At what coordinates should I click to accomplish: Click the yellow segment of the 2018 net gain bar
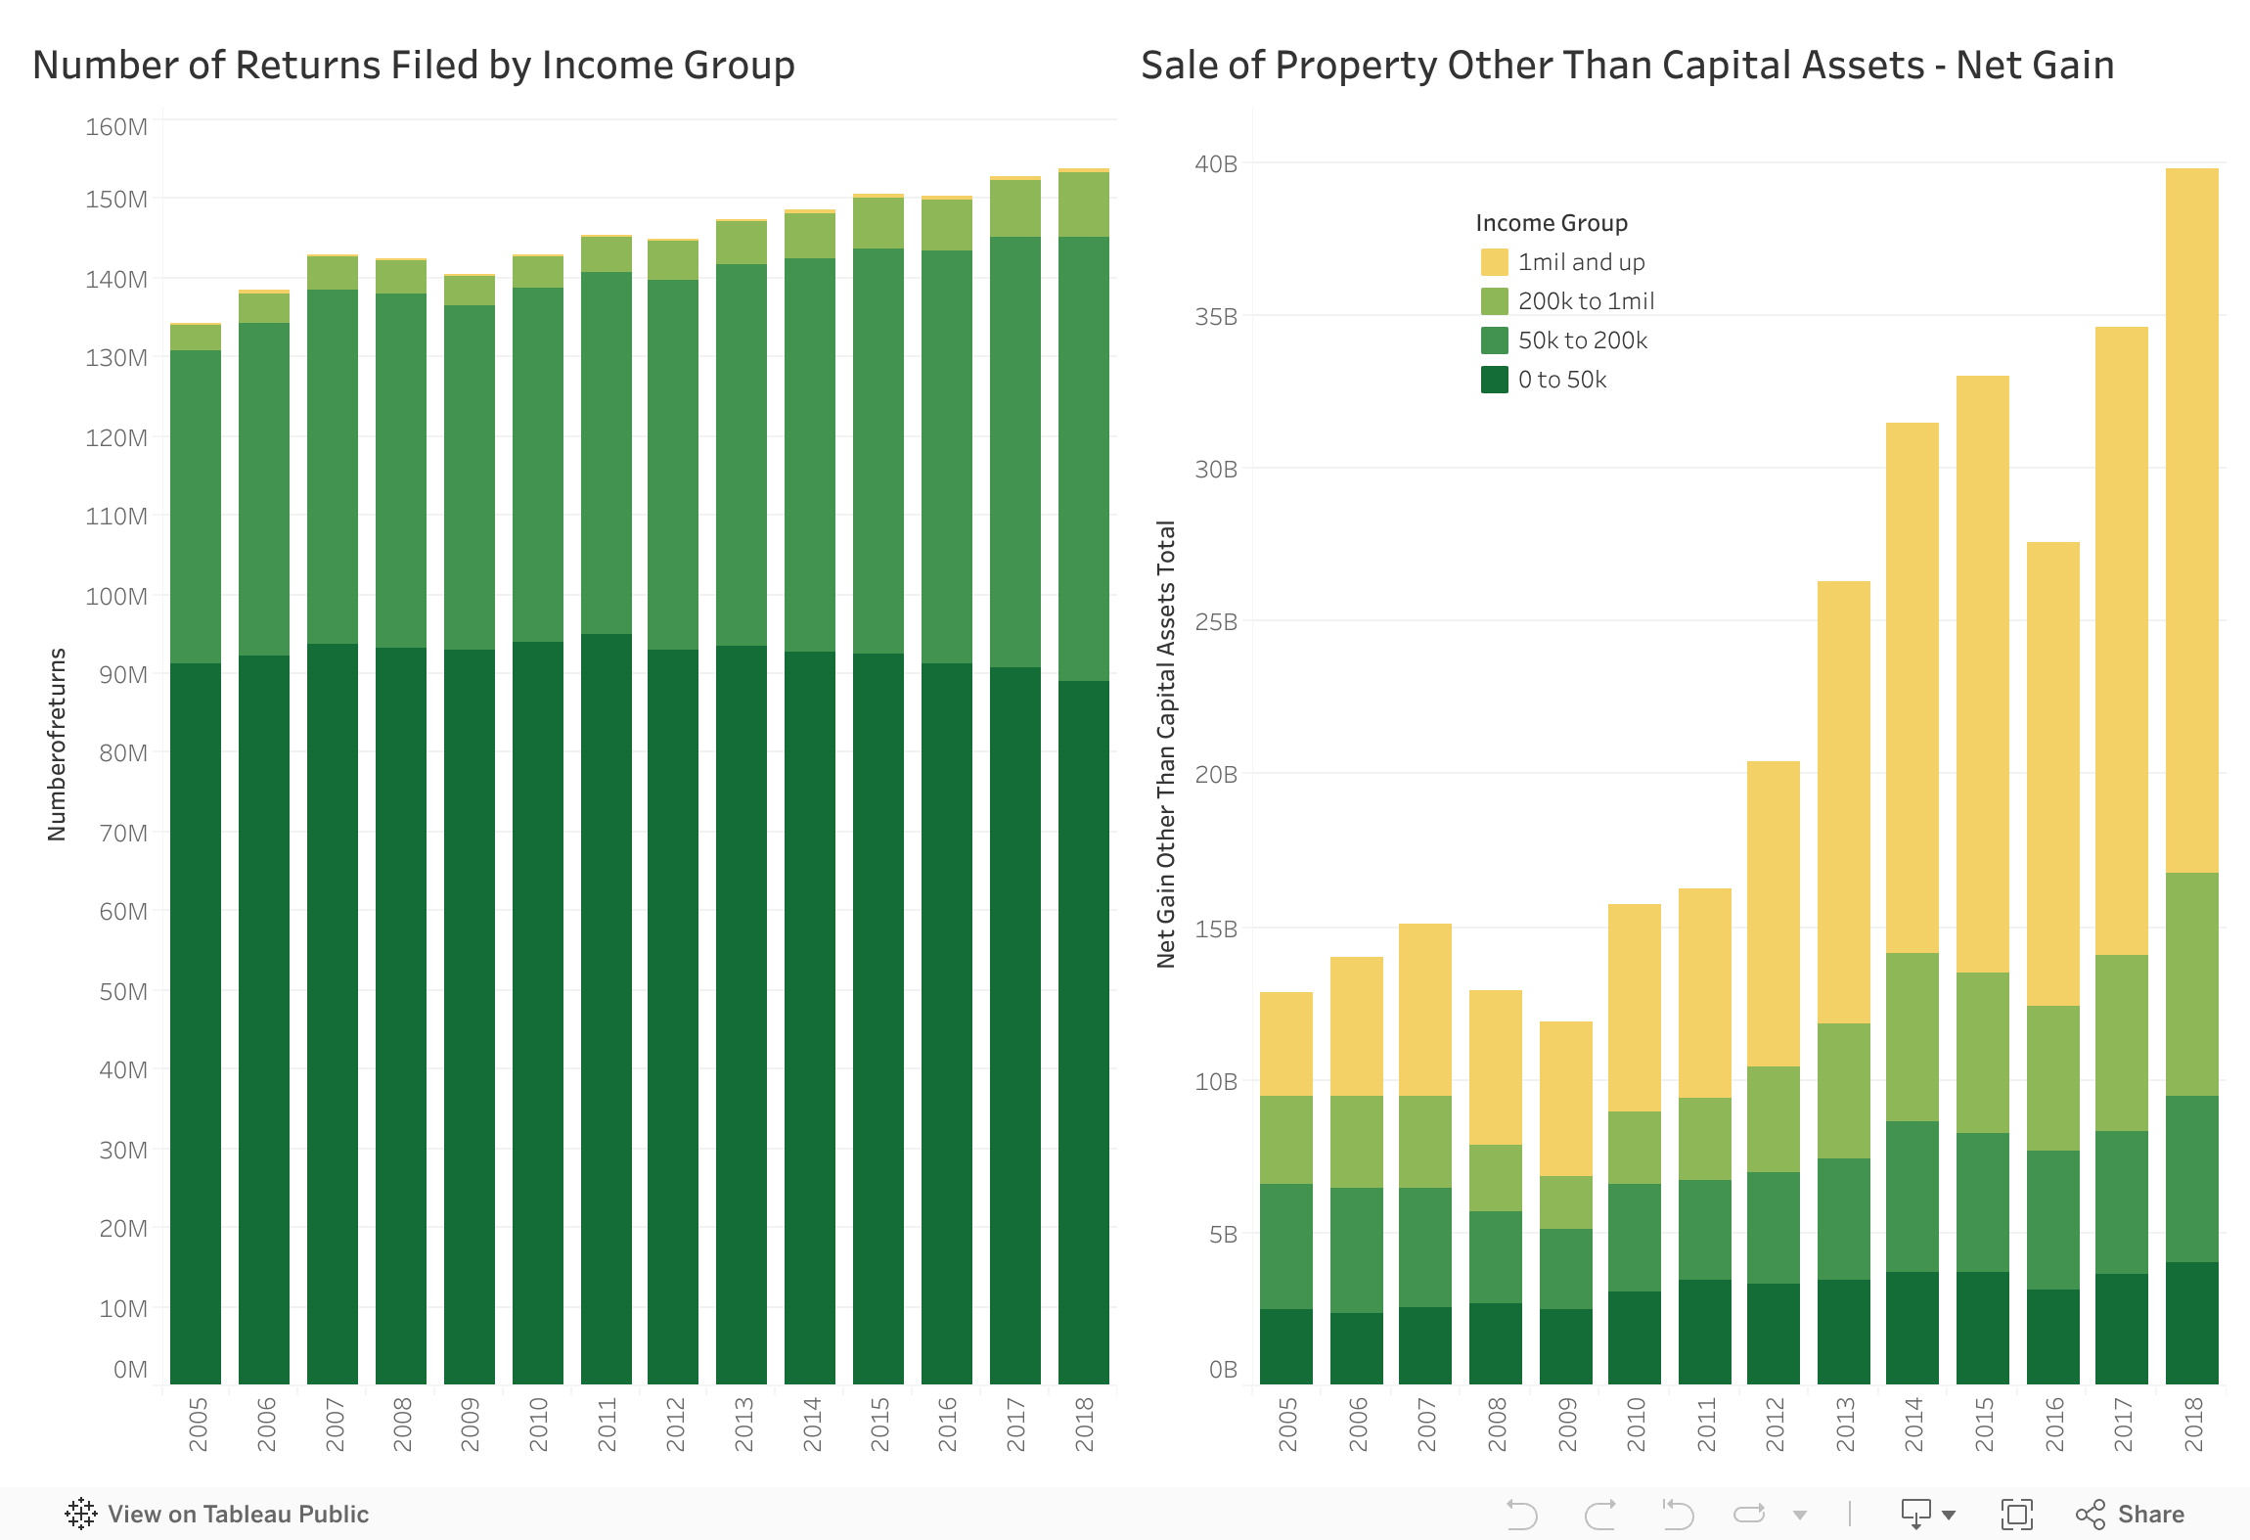tap(2191, 519)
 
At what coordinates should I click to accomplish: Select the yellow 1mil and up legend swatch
tap(1494, 262)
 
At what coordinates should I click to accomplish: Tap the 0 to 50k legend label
tap(1561, 380)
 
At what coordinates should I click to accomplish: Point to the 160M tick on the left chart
tap(116, 127)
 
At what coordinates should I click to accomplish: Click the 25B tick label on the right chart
tap(1215, 622)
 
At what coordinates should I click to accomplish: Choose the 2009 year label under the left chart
tap(471, 1424)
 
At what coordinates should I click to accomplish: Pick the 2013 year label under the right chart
tap(1844, 1424)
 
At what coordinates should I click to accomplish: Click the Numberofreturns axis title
tap(57, 744)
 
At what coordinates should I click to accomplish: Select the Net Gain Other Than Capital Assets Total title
tap(1166, 744)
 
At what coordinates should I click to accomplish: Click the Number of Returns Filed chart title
tap(413, 65)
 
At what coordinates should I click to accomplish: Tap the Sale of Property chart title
tap(1627, 65)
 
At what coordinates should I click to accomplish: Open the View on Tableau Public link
tap(217, 1514)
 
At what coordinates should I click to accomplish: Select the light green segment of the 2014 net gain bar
tap(1912, 1037)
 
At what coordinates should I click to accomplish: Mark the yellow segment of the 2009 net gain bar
tap(1566, 1098)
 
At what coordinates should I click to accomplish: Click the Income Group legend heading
tap(1552, 223)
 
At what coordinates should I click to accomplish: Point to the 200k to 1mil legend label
tap(1586, 301)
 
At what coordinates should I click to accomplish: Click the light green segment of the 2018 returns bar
tap(1084, 204)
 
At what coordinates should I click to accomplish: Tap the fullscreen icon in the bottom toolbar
tap(2016, 1514)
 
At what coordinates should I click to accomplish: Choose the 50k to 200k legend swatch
tap(1494, 340)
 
